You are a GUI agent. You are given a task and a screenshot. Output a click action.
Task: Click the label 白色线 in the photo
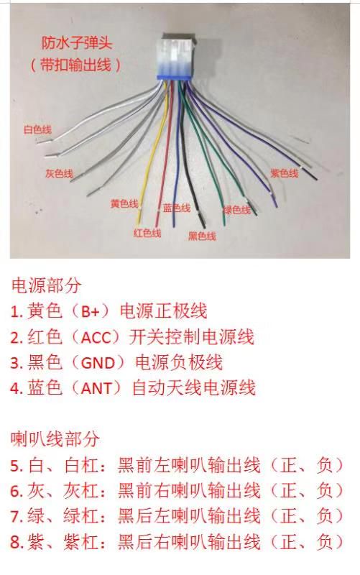(37, 129)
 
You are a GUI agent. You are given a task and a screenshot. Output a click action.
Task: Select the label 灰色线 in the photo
(59, 173)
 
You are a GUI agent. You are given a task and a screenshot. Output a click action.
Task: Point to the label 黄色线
(124, 203)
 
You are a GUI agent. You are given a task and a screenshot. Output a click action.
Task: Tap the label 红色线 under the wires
(147, 233)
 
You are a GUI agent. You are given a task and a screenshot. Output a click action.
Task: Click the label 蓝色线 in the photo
(177, 208)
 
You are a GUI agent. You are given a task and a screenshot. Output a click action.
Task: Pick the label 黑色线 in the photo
(202, 236)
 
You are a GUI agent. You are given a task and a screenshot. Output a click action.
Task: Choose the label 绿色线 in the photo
(237, 210)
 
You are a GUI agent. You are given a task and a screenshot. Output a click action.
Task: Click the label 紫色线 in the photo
(285, 173)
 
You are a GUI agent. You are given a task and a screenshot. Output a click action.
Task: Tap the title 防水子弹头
(76, 43)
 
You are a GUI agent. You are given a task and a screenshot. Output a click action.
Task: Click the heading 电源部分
(46, 285)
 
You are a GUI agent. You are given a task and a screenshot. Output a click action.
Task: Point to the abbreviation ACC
(96, 337)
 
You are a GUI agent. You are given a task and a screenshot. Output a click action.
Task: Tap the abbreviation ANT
(96, 388)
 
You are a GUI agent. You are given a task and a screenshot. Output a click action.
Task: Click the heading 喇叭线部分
(55, 438)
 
